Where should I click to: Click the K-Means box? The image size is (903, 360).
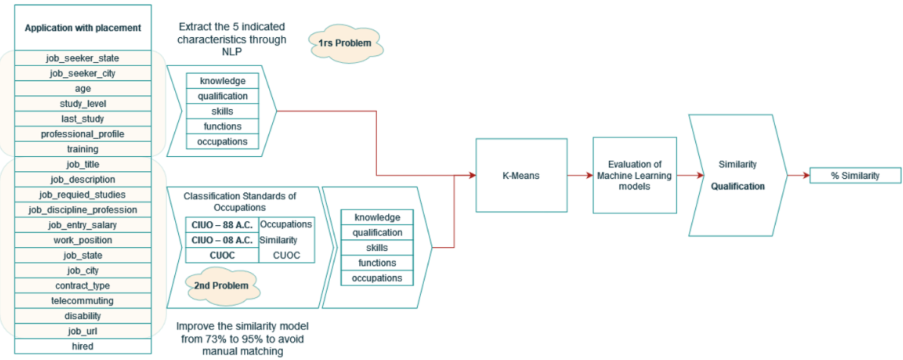coord(521,175)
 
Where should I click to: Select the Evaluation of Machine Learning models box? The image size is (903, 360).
coord(635,175)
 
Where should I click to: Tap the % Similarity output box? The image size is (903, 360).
coord(854,176)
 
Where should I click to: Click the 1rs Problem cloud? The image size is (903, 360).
coord(345,43)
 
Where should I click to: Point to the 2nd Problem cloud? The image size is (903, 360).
coord(221,286)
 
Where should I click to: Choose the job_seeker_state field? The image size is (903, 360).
coord(83,58)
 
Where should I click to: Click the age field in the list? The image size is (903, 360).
coord(83,88)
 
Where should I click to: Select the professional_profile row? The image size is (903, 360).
coord(83,133)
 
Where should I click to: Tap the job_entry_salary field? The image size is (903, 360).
coord(83,224)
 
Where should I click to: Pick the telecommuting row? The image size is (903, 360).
coord(83,300)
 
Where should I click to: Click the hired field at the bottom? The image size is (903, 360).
coord(83,346)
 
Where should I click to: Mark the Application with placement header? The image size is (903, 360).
coord(83,28)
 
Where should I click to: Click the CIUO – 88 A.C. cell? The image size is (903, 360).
coord(222,224)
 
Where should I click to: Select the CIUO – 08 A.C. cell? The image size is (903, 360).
coord(222,240)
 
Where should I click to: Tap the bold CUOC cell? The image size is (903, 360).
coord(222,255)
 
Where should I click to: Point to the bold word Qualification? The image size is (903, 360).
coord(738,186)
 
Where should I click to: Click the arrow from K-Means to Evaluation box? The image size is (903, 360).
coord(580,175)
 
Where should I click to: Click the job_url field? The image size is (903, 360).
coord(83,330)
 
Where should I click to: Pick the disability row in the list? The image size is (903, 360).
coord(83,315)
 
